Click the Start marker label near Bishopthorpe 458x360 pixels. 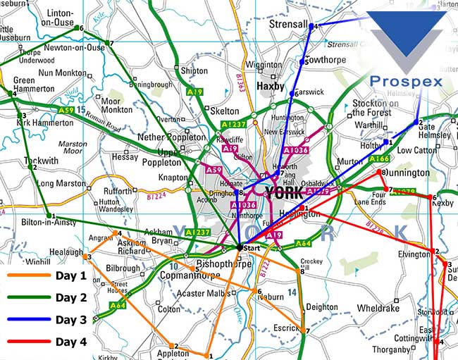tap(252, 249)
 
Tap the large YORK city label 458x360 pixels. tap(284, 192)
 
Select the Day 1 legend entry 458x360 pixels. tap(70, 275)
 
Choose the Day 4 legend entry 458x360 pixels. tap(70, 342)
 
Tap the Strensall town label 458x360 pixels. tap(289, 25)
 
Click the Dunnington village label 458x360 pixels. tap(407, 173)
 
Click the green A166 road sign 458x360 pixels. tap(380, 159)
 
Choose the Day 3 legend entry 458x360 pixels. tap(70, 319)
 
